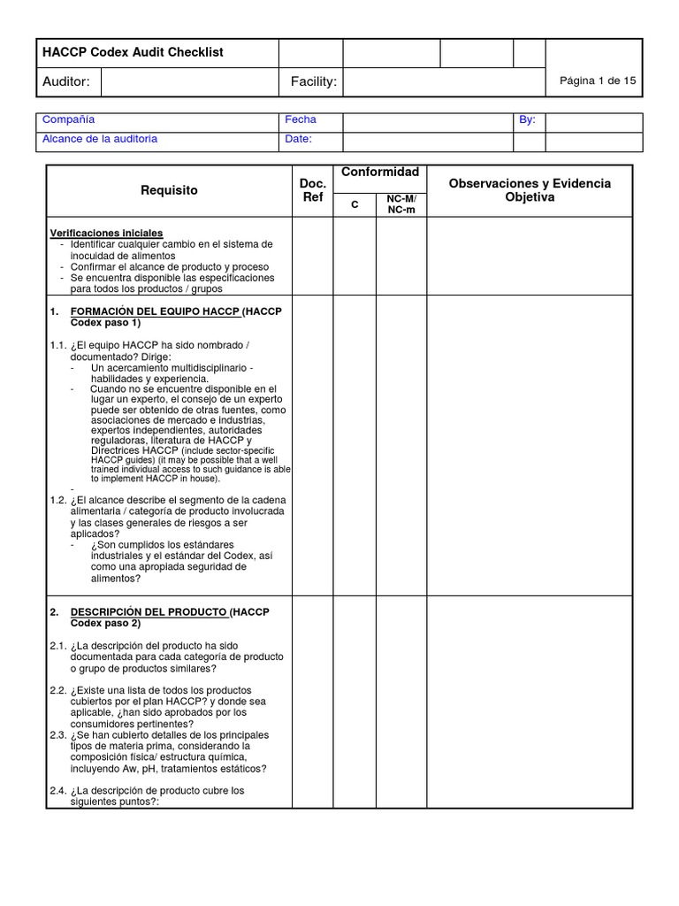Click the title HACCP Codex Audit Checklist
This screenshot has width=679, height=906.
(x=133, y=53)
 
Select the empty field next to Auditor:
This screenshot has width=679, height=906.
(x=189, y=82)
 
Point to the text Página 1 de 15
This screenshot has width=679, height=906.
(x=598, y=81)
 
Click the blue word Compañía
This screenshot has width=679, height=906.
(x=69, y=119)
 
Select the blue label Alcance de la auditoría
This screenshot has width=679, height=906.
(x=100, y=139)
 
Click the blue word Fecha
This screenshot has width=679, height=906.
(x=301, y=119)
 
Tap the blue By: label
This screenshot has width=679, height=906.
(x=528, y=119)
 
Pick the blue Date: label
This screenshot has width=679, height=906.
(x=299, y=139)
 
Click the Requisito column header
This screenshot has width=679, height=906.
(x=169, y=190)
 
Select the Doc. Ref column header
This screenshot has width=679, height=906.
(x=313, y=190)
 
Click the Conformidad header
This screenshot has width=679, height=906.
(x=379, y=173)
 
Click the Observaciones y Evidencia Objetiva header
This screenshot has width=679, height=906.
(x=530, y=190)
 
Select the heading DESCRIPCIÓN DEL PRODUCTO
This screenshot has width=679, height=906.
(x=149, y=612)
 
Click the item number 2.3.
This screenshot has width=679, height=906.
(x=58, y=735)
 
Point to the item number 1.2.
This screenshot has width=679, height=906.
(x=58, y=501)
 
